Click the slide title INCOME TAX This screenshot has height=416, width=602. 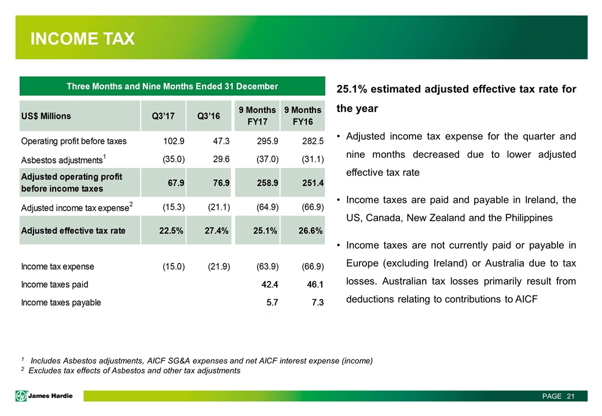pyautogui.click(x=83, y=39)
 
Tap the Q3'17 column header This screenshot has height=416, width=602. pyautogui.click(x=164, y=116)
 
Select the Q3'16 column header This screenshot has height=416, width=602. pyautogui.click(x=210, y=116)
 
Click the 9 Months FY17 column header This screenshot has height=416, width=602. pyautogui.click(x=257, y=116)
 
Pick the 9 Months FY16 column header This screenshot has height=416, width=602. pyautogui.click(x=302, y=116)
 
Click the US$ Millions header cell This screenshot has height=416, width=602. pyautogui.click(x=46, y=116)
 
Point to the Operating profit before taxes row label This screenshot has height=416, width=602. pyautogui.click(x=74, y=141)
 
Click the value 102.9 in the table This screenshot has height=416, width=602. pyautogui.click(x=172, y=141)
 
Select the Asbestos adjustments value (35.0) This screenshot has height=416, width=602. pyautogui.click(x=171, y=159)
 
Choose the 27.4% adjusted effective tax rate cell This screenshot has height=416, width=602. pyautogui.click(x=213, y=231)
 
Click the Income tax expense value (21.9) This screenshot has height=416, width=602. pyautogui.click(x=216, y=266)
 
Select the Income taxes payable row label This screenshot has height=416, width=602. pyautogui.click(x=61, y=302)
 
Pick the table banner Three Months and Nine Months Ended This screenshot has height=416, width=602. pyautogui.click(x=172, y=87)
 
